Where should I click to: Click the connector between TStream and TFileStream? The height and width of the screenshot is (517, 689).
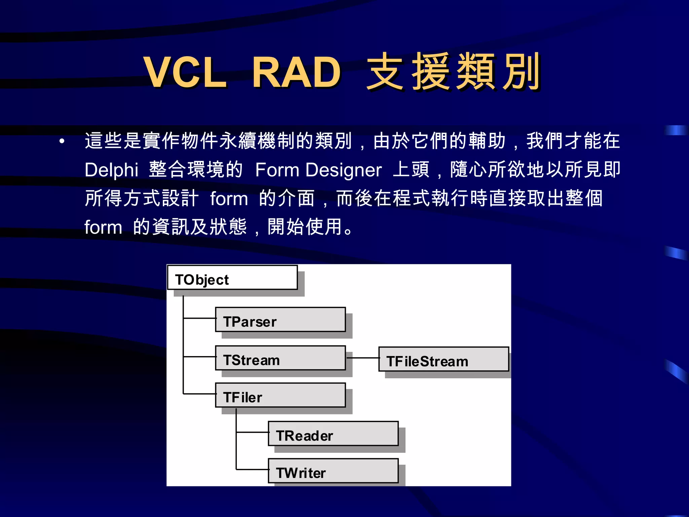[x=363, y=358]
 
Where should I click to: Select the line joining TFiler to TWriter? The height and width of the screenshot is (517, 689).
[x=252, y=469]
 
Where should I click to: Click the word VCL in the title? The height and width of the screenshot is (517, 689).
[x=185, y=72]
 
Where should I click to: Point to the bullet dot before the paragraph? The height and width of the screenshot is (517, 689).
[x=62, y=141]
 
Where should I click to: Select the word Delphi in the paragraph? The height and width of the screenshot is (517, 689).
[x=111, y=170]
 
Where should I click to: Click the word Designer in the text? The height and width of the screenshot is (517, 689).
[x=343, y=170]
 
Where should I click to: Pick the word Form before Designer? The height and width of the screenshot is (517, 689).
[x=277, y=170]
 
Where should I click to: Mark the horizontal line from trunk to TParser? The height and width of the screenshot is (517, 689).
[x=200, y=318]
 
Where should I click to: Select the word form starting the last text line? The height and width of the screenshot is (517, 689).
[x=103, y=227]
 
